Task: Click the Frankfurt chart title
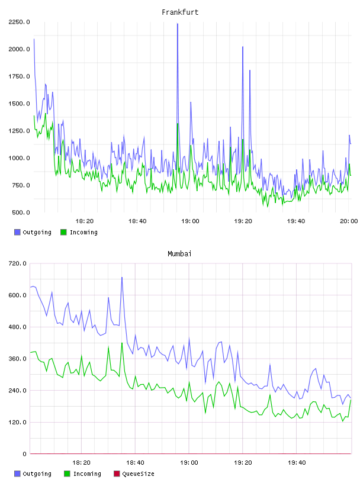coord(180,12)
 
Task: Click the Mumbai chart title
coord(179,254)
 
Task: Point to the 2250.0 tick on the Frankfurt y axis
coord(19,22)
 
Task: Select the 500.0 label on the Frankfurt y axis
coord(21,212)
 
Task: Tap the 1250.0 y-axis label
coord(19,131)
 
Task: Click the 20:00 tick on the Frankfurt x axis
coord(349,221)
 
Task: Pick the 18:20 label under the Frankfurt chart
coord(85,221)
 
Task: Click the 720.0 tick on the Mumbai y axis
coord(18,263)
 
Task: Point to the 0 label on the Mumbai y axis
coord(24,454)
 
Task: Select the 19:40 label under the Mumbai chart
coord(297,463)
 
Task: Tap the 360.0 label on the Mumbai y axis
coord(18,359)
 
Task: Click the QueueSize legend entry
coord(134,474)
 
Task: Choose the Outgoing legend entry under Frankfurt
coord(33,232)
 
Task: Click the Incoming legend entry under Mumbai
coord(83,474)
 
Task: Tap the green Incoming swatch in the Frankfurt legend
coord(63,232)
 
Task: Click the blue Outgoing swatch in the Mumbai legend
coord(17,474)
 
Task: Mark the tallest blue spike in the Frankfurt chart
coord(178,24)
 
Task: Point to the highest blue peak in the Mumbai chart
coord(122,277)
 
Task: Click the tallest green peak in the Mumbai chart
coord(122,343)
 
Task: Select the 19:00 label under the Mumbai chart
coord(189,463)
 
